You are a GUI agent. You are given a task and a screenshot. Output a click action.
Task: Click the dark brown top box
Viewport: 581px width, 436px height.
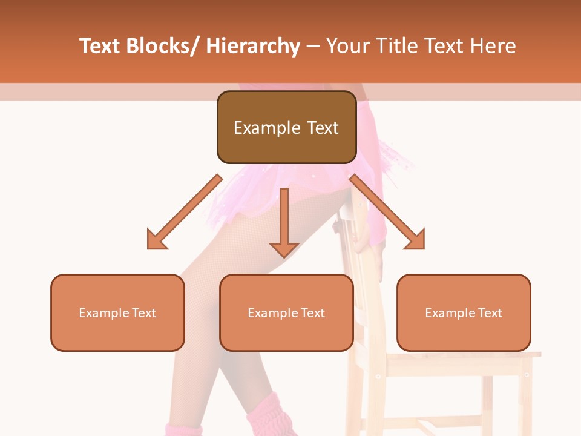(x=286, y=127)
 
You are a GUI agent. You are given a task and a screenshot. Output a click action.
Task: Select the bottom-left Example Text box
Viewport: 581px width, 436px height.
(x=117, y=312)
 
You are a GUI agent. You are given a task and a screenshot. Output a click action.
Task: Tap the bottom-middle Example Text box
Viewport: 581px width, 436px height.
(x=286, y=312)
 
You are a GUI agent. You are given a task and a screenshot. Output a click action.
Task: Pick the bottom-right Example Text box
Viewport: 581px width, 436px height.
(x=464, y=312)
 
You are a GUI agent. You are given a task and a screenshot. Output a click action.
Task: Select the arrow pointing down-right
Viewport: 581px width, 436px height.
(x=387, y=212)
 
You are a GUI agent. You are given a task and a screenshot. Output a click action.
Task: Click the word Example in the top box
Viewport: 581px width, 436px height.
(x=267, y=128)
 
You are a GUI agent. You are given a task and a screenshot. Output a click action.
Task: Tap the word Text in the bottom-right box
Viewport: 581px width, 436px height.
(x=490, y=313)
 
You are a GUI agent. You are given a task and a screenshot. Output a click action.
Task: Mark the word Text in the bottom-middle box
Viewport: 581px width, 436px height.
(x=312, y=313)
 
